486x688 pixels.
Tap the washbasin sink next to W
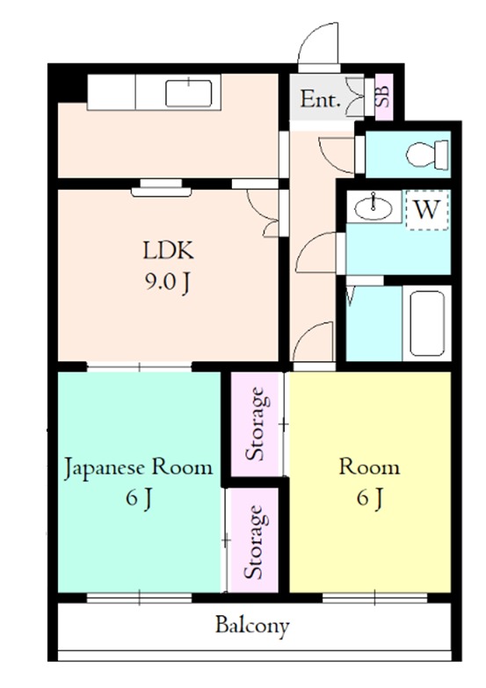pos(374,207)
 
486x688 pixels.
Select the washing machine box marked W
pos(427,210)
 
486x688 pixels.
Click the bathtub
pos(427,323)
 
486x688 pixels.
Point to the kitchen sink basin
pos(189,93)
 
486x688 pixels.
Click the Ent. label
pos(321,99)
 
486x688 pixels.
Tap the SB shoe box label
pos(383,97)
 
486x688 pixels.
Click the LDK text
pos(168,250)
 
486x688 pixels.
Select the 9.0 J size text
pos(167,282)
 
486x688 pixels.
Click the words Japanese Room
pos(139,468)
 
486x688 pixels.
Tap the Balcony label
pos(252,626)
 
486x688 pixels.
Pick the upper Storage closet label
pos(256,424)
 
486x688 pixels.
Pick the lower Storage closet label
pos(254,542)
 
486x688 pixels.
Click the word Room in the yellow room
pos(369,467)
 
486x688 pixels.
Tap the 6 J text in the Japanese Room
pos(139,498)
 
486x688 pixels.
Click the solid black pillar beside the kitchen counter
pos(67,83)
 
